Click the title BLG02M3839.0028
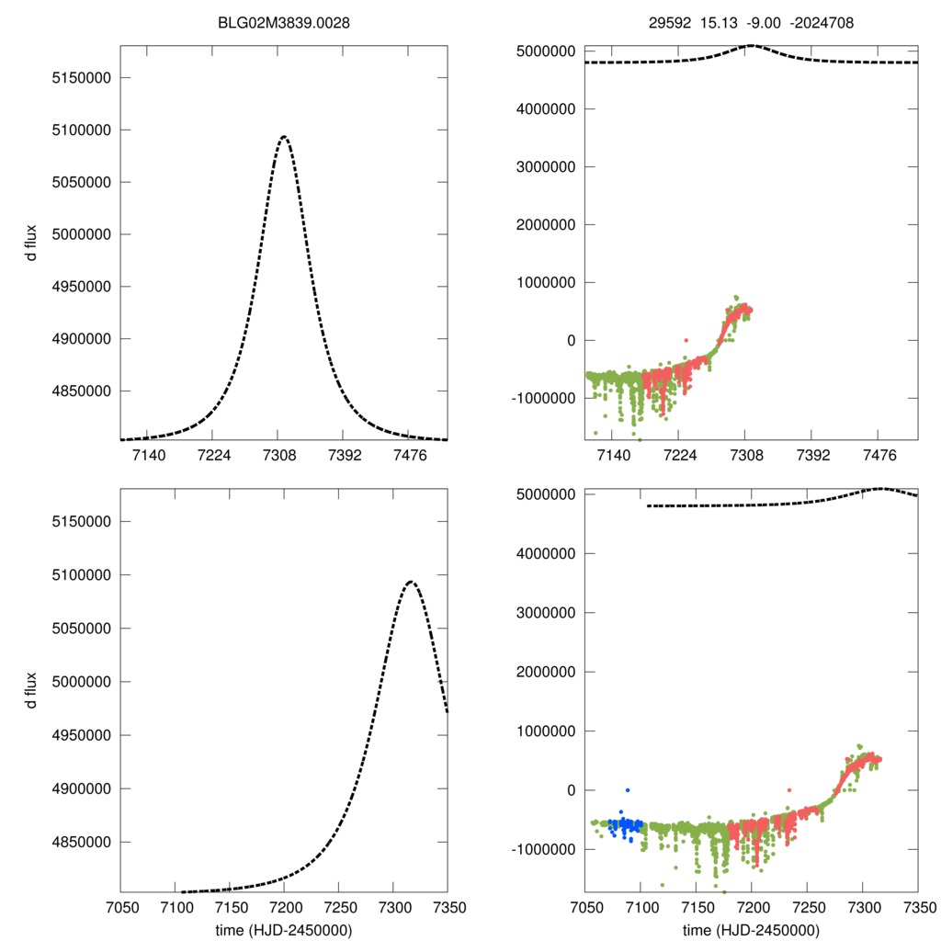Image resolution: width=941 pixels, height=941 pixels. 284,25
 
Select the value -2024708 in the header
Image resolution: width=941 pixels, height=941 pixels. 821,25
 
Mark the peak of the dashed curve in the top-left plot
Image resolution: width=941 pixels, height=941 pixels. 283,137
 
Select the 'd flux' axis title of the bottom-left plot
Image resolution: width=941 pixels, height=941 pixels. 32,689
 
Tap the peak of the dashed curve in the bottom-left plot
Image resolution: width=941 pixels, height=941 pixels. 410,582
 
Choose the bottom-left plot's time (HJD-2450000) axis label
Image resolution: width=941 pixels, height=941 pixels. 284,929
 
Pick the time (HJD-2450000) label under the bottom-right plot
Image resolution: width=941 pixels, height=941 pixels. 751,929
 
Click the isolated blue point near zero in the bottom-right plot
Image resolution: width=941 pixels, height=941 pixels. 628,790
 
